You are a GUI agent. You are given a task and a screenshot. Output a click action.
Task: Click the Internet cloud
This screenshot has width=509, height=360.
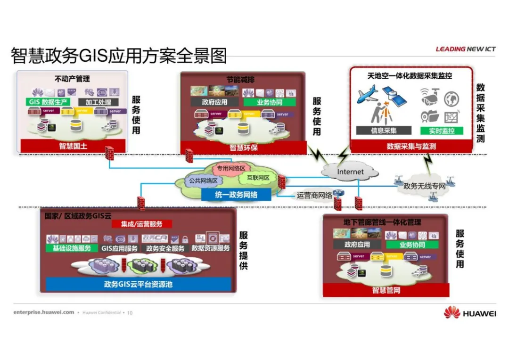(x=350, y=172)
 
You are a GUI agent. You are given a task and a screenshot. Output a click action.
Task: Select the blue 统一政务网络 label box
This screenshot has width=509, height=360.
(x=236, y=194)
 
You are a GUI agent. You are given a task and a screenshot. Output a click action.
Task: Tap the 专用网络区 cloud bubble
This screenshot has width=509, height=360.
(x=231, y=168)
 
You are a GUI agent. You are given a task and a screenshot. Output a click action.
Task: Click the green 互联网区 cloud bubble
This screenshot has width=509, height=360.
(x=257, y=178)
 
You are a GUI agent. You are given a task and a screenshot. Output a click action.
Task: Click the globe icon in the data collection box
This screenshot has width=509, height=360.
(x=451, y=98)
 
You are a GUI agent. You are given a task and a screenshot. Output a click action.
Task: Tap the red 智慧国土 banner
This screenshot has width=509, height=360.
(x=73, y=146)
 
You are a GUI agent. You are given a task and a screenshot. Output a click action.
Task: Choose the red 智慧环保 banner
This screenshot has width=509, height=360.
(x=243, y=147)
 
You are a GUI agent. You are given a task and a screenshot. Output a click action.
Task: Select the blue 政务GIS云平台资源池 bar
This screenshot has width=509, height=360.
(x=139, y=284)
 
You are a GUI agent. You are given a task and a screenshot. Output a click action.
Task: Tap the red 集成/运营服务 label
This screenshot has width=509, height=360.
(x=141, y=224)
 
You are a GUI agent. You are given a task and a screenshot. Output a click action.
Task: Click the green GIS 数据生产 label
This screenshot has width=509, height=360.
(x=49, y=102)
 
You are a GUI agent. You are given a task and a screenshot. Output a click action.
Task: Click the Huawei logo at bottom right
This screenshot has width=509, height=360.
(x=469, y=313)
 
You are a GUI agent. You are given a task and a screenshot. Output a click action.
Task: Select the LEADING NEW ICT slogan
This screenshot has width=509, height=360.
(x=465, y=49)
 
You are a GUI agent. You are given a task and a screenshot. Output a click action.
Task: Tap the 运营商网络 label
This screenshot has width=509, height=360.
(x=314, y=195)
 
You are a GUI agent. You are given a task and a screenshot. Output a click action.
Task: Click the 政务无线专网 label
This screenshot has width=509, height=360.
(x=424, y=186)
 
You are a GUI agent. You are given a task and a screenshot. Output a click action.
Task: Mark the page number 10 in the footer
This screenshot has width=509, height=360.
(x=130, y=312)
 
